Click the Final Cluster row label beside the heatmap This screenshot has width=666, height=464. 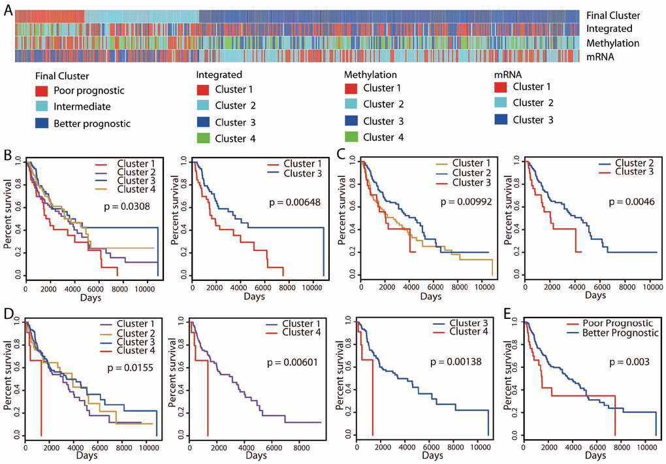tap(612, 15)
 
